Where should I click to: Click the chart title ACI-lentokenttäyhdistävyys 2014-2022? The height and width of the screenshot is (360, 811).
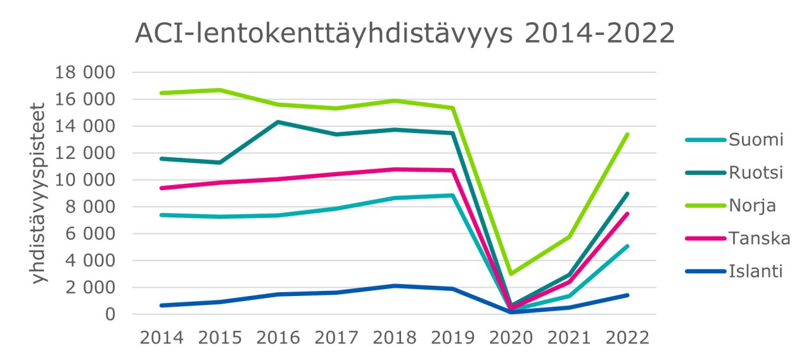click(405, 34)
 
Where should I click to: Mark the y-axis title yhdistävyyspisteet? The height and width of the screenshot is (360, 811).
click(39, 193)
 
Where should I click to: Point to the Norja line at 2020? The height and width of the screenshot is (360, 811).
click(511, 274)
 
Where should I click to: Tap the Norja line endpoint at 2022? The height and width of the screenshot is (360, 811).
click(627, 134)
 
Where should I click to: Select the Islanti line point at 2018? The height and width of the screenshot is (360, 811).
click(394, 286)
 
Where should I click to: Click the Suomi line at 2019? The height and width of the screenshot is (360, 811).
click(452, 195)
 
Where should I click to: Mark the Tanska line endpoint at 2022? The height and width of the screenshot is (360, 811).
click(627, 214)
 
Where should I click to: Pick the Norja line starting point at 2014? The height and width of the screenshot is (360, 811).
click(162, 93)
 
